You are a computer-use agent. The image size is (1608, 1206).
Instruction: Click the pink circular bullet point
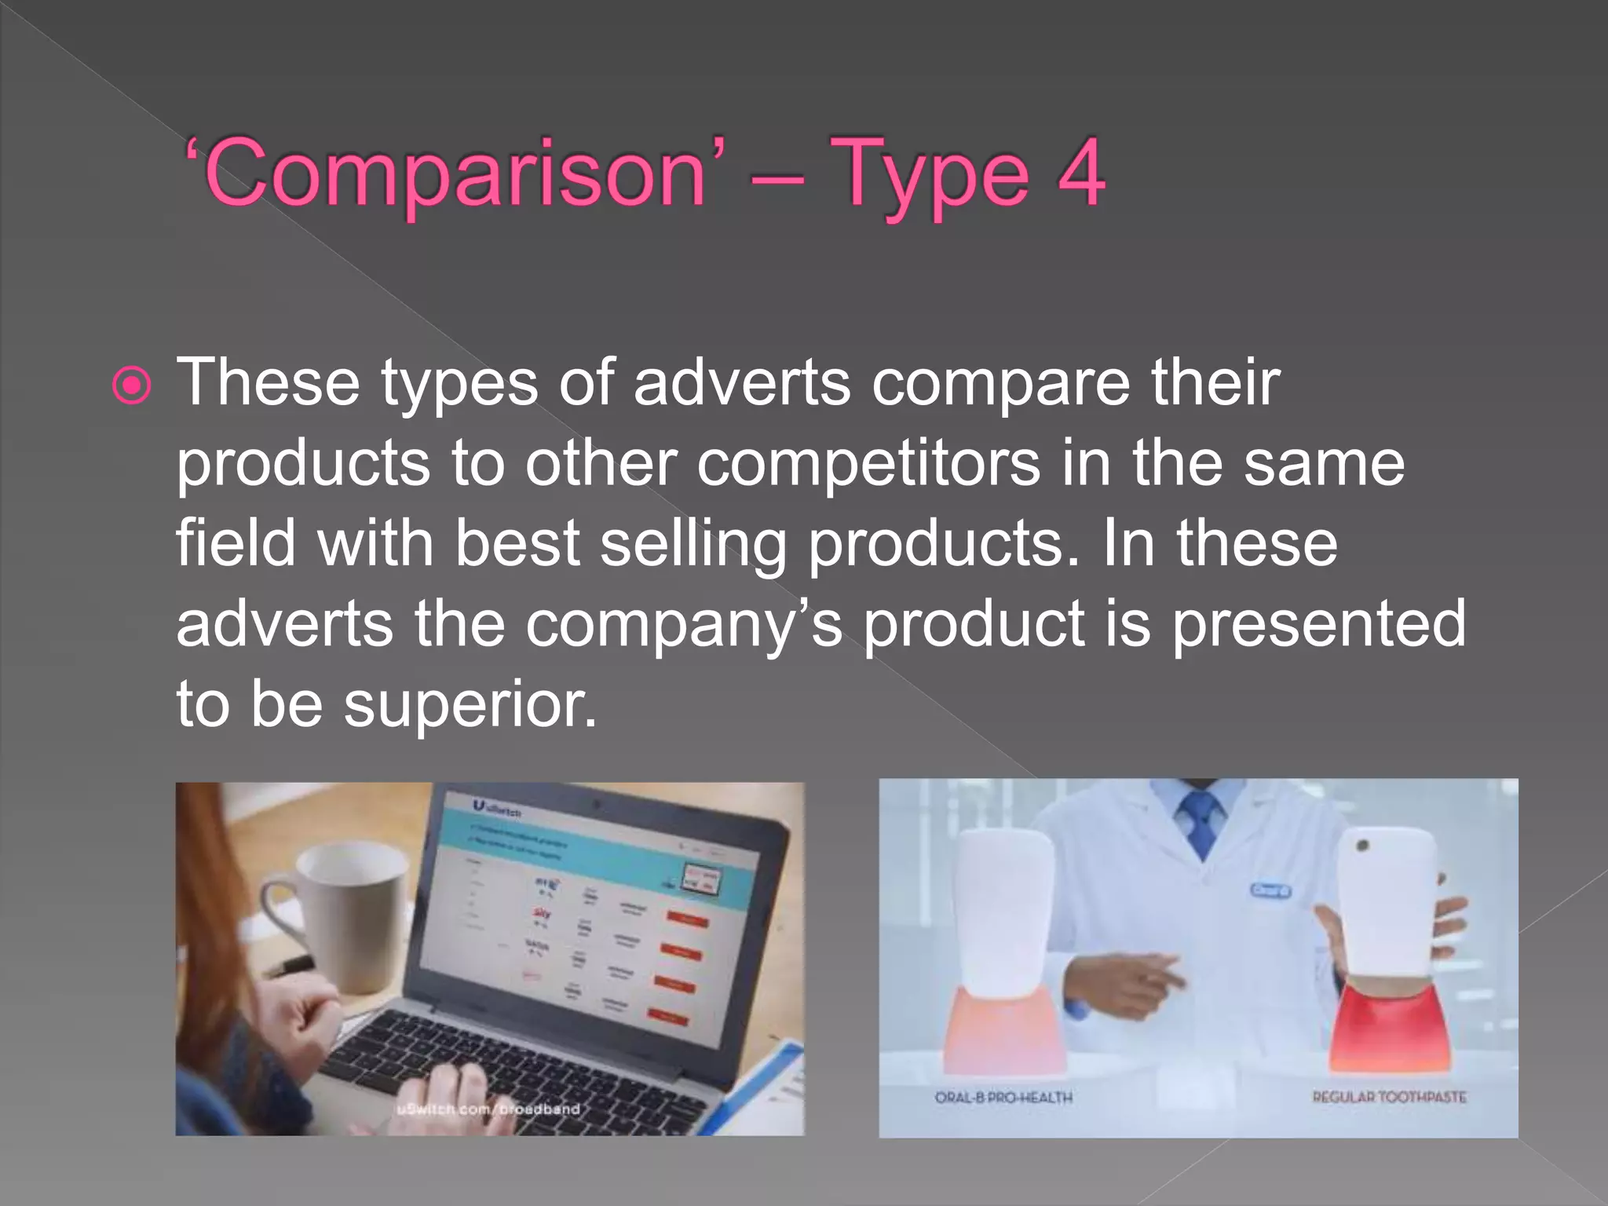(131, 386)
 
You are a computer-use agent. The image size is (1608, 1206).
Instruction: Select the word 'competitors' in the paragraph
(868, 464)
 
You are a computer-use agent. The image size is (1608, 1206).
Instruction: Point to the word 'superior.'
(470, 704)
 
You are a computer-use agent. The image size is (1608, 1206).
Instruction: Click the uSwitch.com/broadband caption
(488, 1109)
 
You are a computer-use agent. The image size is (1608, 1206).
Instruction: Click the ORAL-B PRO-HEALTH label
(1003, 1098)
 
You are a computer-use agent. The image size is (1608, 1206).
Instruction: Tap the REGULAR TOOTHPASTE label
(1389, 1097)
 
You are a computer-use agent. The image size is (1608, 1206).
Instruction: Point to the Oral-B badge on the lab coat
(1270, 890)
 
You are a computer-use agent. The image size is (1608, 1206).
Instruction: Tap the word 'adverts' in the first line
(741, 384)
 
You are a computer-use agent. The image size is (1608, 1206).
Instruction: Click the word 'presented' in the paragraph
(1318, 624)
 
